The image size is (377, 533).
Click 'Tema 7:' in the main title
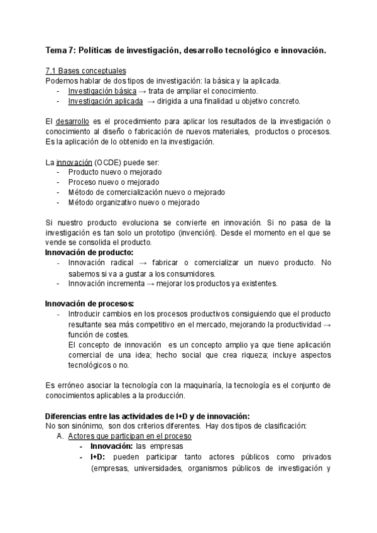point(60,50)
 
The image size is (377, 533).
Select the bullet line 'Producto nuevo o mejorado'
point(114,172)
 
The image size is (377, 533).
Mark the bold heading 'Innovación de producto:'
point(89,252)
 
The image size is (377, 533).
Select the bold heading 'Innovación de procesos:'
point(90,304)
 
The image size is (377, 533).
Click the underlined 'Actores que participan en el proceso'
point(129,436)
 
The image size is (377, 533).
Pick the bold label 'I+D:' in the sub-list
point(99,456)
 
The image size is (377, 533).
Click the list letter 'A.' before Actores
point(61,436)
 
